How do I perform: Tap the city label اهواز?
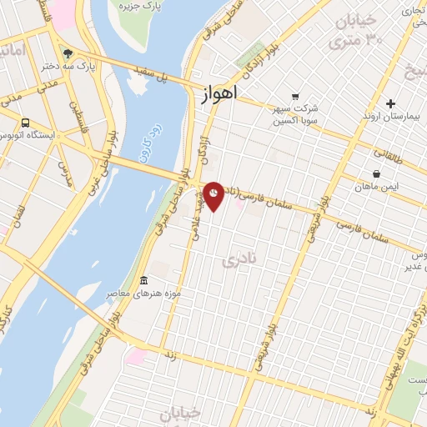220,97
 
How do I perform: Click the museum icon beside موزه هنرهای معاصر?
144,279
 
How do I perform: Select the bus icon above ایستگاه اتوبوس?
26,121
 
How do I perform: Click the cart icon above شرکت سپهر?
294,96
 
